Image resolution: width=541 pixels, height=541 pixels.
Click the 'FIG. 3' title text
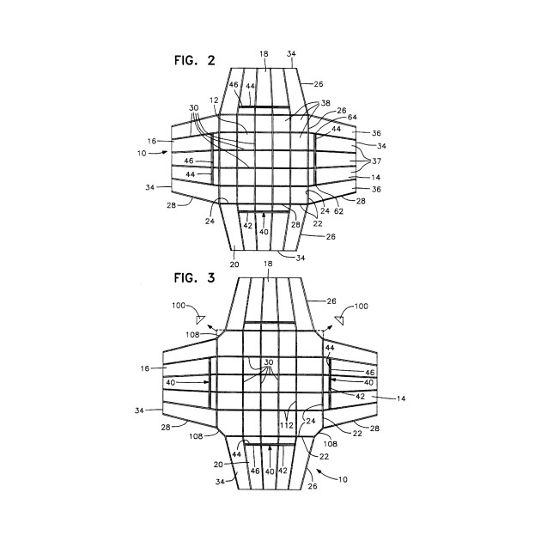191,279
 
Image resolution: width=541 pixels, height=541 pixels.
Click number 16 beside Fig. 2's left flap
151,140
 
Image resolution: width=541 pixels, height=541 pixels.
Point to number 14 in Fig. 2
376,178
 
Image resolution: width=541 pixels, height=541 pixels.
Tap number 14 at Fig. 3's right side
400,399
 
